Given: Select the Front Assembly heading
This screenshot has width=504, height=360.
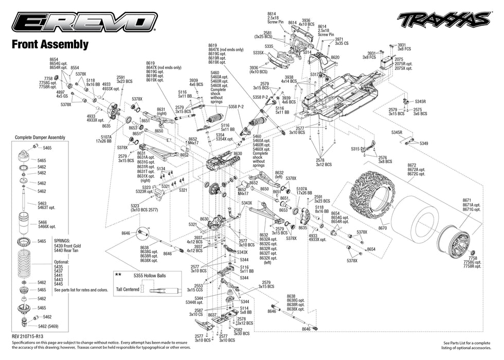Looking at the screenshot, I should (x=50, y=45).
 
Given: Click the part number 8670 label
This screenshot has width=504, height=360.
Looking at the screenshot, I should (x=382, y=228).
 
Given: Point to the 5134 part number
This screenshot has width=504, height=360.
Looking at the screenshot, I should (x=160, y=168).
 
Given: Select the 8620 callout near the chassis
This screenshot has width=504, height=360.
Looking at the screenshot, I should (x=335, y=57).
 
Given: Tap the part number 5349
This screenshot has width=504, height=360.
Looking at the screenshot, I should (x=424, y=143).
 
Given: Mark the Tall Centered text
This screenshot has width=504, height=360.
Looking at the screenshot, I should (x=128, y=290).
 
